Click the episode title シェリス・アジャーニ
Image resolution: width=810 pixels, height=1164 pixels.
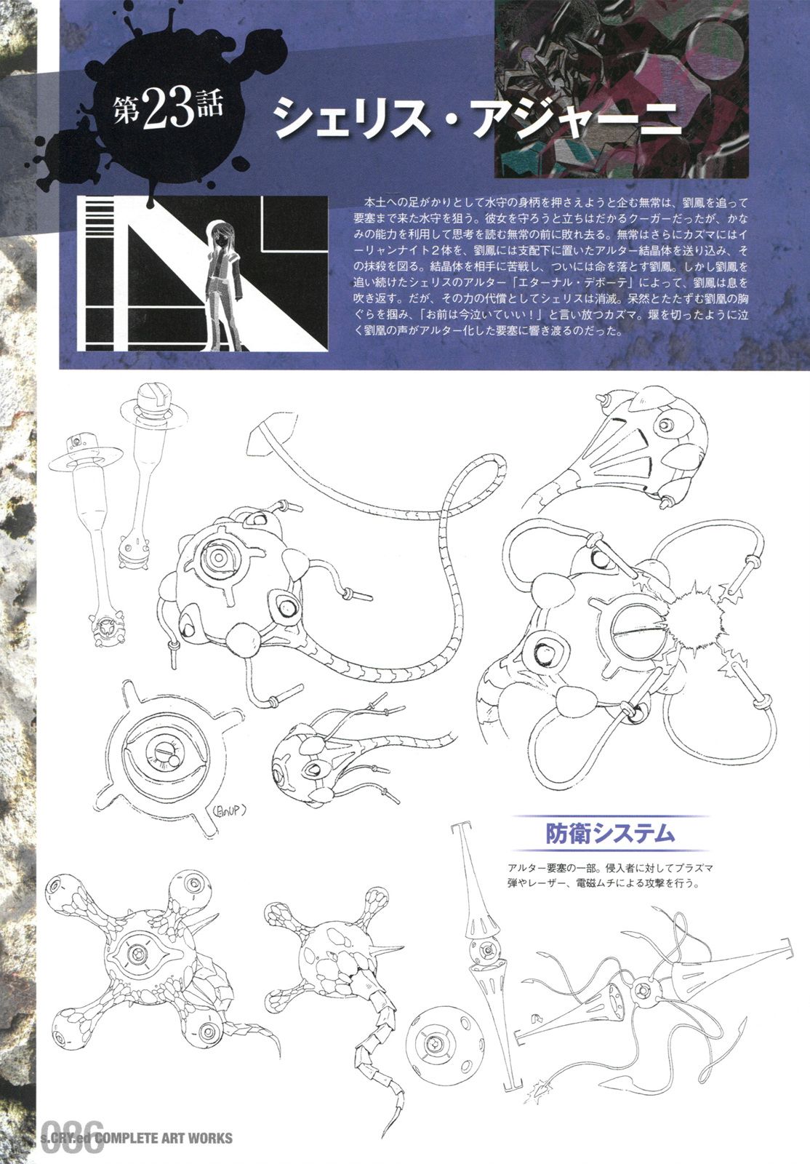click(477, 119)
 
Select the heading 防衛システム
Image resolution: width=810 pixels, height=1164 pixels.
click(609, 832)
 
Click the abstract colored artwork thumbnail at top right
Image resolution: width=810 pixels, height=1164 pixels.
click(622, 88)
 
